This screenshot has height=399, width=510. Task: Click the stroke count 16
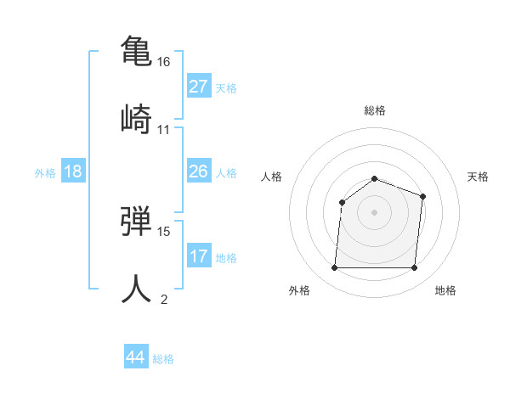[x=164, y=62]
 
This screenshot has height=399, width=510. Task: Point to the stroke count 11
[x=164, y=130]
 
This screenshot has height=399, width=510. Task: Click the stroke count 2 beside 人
[x=164, y=300]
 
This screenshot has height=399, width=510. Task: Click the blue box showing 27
[x=199, y=87]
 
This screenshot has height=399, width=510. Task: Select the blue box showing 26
[x=199, y=171]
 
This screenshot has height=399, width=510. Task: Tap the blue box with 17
[x=199, y=256]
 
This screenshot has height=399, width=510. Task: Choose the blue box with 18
[x=73, y=171]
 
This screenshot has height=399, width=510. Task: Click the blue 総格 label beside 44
[x=163, y=359]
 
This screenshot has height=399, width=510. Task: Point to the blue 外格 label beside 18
[x=45, y=173]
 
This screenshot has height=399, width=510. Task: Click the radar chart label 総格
[x=375, y=110]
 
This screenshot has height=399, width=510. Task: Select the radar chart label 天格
[x=478, y=177]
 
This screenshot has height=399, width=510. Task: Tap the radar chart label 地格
[x=445, y=290]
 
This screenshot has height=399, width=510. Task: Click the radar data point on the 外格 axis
[x=335, y=268]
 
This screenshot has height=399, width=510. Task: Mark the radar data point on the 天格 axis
[x=422, y=196]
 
